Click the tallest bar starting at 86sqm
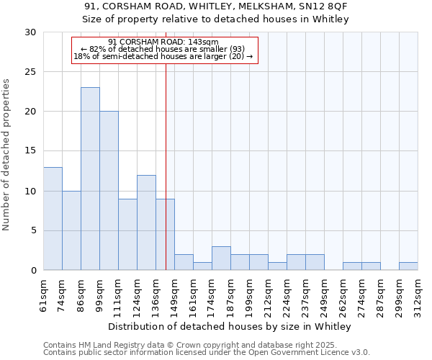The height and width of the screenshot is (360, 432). pos(90,179)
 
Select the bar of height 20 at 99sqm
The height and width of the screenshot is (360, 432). pos(109,191)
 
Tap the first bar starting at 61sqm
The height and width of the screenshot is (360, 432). pos(53,218)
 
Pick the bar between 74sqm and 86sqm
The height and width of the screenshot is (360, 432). pos(71,230)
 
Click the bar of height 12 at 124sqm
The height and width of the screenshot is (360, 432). pos(146,222)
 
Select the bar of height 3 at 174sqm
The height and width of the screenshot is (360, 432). pos(221,258)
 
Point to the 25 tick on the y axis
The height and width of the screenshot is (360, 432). pos(32,72)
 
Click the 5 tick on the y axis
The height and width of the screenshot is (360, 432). pos(34,231)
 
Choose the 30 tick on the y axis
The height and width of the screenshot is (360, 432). pos(32,32)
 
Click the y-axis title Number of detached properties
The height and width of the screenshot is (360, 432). pos(6,155)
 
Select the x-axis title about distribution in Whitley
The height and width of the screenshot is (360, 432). pos(230,327)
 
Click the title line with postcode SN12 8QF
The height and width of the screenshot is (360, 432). pos(215,6)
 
